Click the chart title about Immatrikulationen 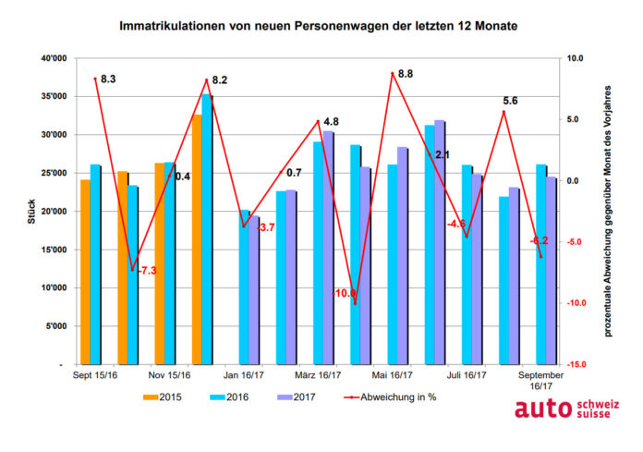[x=318, y=27]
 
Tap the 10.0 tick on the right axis [x=576, y=58]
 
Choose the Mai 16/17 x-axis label [x=394, y=376]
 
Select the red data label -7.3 [x=147, y=270]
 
